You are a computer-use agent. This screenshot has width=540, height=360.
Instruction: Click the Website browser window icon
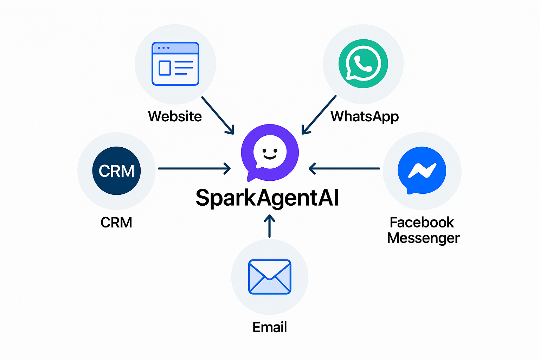(175, 64)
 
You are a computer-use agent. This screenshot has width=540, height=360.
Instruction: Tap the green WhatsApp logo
(363, 64)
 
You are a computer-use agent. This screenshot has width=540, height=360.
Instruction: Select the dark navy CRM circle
(116, 171)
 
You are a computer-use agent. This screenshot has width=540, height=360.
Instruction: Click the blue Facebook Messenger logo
(422, 171)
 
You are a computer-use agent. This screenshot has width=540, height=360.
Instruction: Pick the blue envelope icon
(270, 277)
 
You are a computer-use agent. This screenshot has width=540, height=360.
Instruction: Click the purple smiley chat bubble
(270, 152)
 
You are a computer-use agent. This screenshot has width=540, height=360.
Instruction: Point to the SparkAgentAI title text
(267, 198)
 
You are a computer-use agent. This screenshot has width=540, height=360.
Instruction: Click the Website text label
(175, 116)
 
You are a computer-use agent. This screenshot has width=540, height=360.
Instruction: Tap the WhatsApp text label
(365, 116)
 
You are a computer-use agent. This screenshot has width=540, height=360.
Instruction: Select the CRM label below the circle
(116, 223)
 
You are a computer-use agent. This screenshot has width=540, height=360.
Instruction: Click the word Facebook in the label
(422, 223)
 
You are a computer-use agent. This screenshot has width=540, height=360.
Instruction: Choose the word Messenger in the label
(423, 238)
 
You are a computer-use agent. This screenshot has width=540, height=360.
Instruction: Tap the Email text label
(270, 327)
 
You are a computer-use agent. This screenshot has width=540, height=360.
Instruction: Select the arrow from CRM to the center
(194, 168)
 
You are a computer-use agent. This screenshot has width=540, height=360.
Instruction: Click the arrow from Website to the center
(217, 115)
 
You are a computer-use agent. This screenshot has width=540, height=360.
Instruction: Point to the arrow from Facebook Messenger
(345, 168)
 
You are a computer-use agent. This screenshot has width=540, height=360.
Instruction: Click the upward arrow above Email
(270, 226)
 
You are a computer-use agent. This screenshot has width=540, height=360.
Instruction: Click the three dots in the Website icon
(163, 47)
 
